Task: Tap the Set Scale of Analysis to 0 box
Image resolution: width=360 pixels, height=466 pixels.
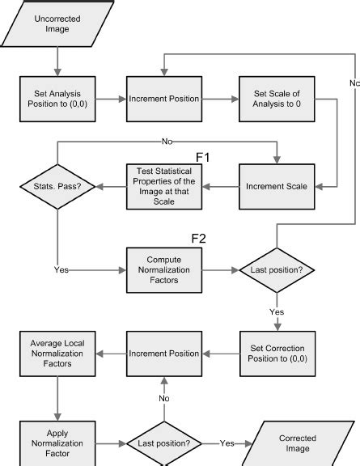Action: pyautogui.click(x=277, y=99)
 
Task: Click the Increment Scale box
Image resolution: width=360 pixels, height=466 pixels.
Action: pyautogui.click(x=277, y=186)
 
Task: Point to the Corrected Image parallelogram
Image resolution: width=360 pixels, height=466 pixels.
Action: pyautogui.click(x=297, y=443)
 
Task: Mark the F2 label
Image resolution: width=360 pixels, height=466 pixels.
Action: pyautogui.click(x=199, y=239)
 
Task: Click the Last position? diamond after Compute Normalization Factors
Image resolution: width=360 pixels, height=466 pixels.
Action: pyautogui.click(x=277, y=271)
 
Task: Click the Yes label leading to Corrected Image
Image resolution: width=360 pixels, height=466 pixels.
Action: pyautogui.click(x=227, y=443)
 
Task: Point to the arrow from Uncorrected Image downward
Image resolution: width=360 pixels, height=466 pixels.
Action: pyautogui.click(x=57, y=61)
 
